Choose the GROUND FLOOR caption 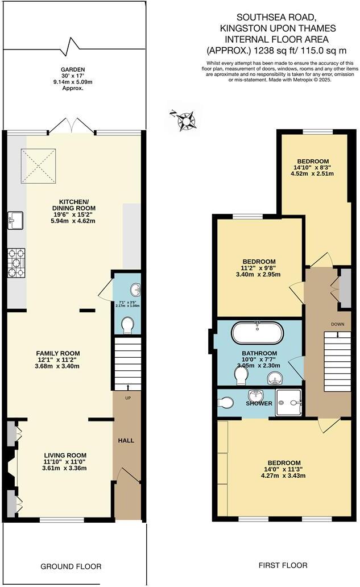(x=71, y=567)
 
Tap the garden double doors (x=72, y=126)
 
